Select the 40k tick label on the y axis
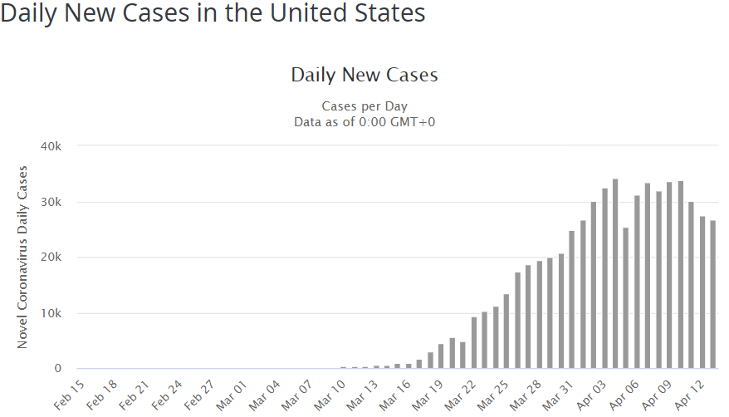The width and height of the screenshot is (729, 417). pyautogui.click(x=52, y=146)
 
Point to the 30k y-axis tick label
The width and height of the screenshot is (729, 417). pyautogui.click(x=52, y=202)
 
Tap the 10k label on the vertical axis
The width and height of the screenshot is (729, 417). pyautogui.click(x=52, y=313)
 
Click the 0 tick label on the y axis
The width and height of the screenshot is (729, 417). pyautogui.click(x=59, y=368)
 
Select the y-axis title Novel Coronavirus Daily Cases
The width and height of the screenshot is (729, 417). pyautogui.click(x=24, y=258)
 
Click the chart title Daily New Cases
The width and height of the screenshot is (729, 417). pyautogui.click(x=364, y=75)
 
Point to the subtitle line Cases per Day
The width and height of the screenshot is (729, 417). pyautogui.click(x=364, y=106)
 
